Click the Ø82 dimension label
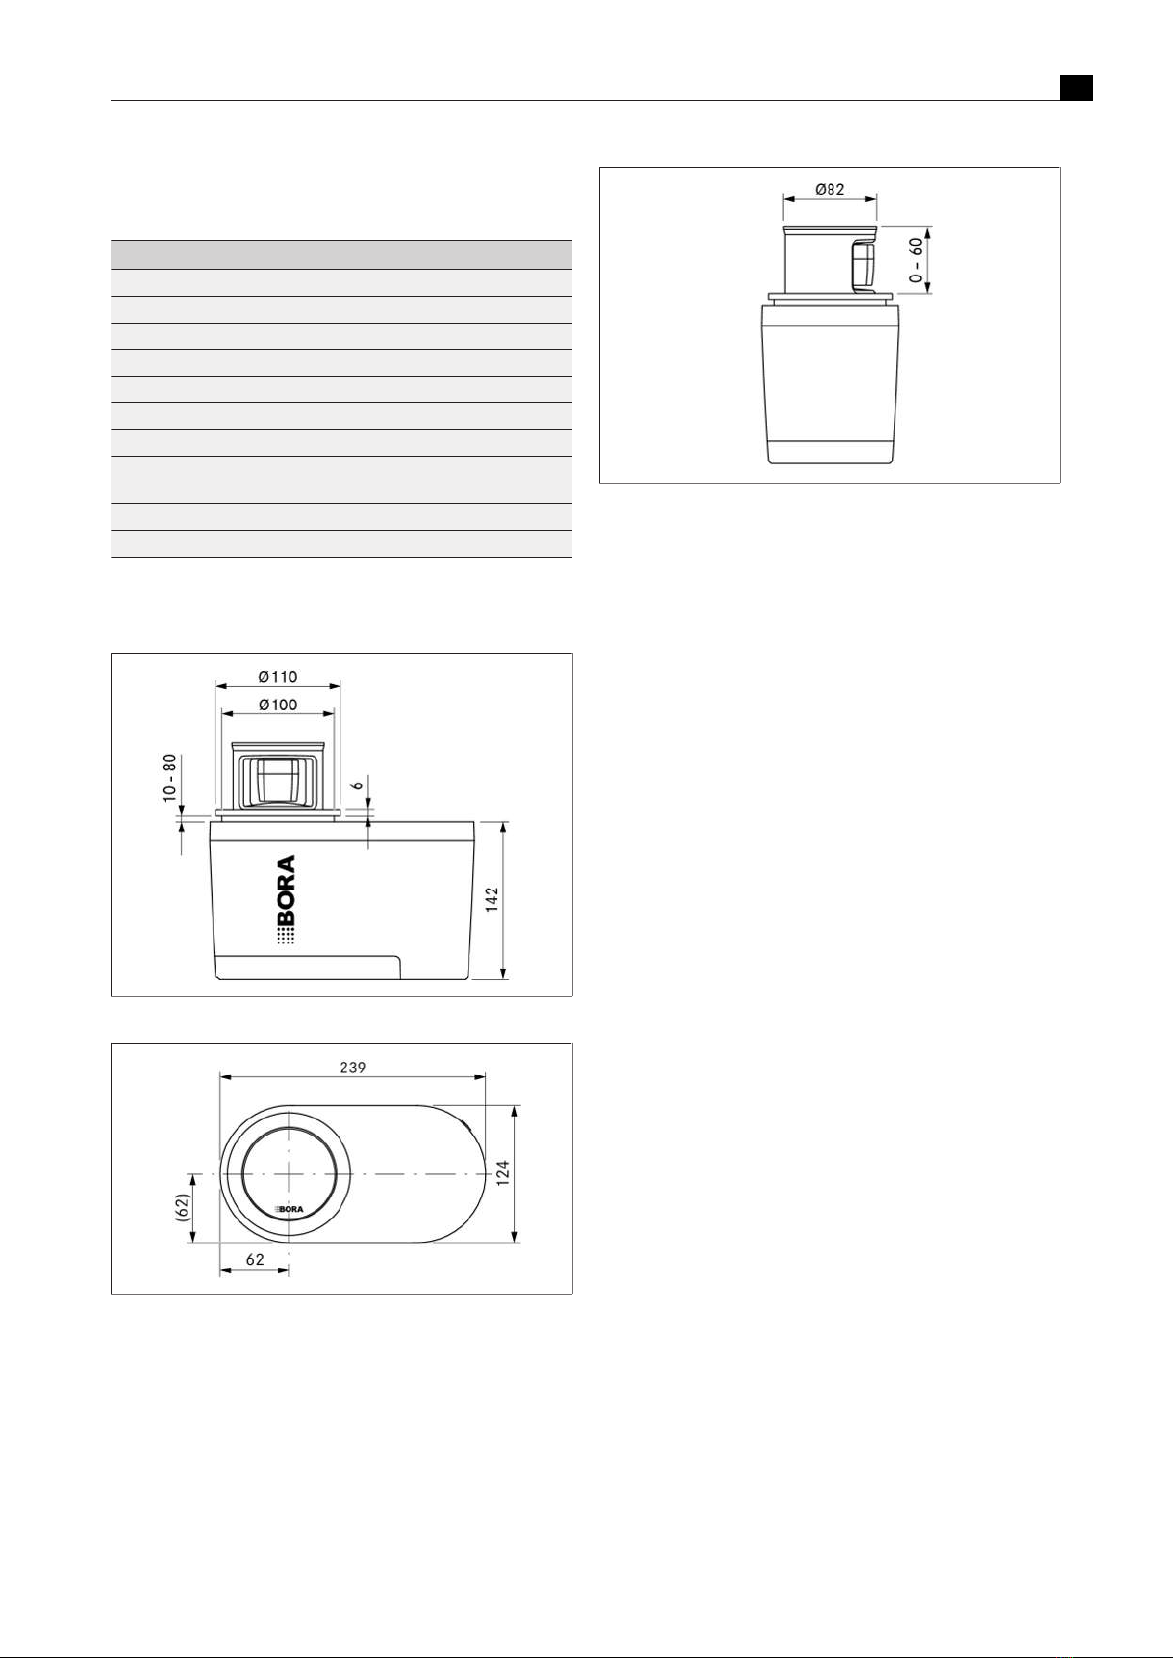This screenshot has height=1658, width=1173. pos(830,190)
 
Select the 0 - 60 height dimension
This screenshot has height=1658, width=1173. pos(917,260)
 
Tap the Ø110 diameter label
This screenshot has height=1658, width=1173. pos(278,677)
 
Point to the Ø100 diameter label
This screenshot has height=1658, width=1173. pos(278,705)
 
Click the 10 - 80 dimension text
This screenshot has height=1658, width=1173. pos(169,778)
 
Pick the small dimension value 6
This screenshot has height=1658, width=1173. pos(359,784)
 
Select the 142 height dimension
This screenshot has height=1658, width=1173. pos(492,900)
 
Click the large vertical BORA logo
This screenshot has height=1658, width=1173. pos(285,900)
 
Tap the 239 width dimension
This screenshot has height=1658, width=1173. pos(353,1067)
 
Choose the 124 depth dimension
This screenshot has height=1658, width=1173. pos(503,1173)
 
